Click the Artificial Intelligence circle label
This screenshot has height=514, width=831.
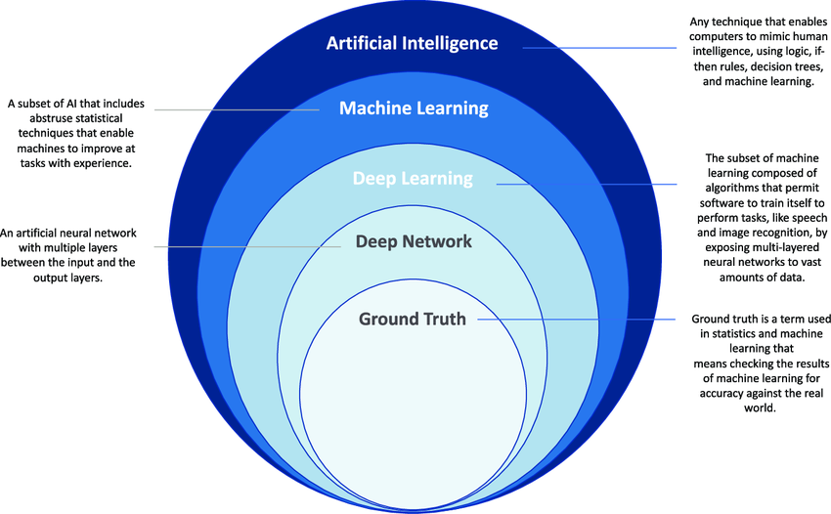(412, 43)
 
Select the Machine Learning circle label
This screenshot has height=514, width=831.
(414, 108)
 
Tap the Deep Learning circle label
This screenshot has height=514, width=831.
(413, 179)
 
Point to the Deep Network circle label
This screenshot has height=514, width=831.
(414, 241)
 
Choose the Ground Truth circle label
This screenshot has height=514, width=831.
(413, 319)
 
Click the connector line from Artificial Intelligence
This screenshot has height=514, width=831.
(599, 48)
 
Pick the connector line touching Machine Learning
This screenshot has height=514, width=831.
(237, 109)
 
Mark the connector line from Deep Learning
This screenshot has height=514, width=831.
(587, 184)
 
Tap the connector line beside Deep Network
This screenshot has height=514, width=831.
(247, 246)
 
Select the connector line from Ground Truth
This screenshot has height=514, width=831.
(577, 319)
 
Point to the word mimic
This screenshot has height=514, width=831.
(776, 36)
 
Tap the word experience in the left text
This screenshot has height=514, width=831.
(103, 163)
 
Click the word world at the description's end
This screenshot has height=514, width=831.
(760, 408)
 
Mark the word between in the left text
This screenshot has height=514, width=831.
(22, 262)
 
